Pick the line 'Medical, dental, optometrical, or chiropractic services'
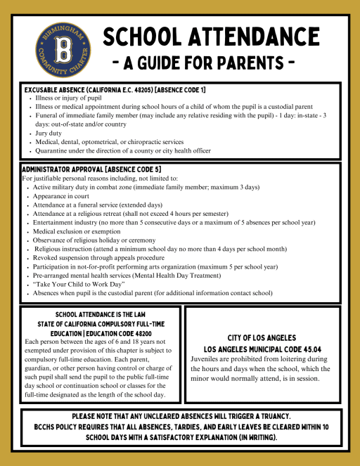(108, 141)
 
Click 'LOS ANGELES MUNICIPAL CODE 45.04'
(262, 349)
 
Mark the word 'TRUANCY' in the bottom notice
(278, 417)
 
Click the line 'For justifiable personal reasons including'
(90, 179)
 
